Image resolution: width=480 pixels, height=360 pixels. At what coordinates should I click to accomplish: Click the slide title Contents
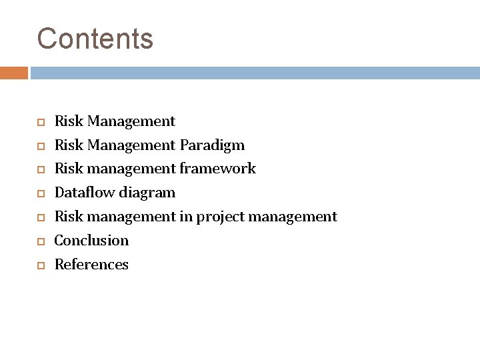[95, 39]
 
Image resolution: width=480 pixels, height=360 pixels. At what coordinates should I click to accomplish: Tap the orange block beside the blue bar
[13, 73]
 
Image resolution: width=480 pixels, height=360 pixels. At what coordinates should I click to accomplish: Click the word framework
[217, 169]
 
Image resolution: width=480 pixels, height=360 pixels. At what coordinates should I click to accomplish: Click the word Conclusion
[91, 240]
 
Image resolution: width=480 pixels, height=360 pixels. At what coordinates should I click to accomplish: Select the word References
[91, 265]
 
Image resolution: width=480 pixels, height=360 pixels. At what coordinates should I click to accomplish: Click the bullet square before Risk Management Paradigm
[40, 145]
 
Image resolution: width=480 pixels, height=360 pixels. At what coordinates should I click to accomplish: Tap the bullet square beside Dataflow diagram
[40, 193]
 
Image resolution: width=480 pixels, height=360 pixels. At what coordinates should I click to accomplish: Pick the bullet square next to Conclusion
[40, 241]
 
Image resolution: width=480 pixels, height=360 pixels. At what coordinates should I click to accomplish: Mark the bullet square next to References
[40, 265]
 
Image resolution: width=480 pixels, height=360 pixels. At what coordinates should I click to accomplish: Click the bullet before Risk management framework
[40, 169]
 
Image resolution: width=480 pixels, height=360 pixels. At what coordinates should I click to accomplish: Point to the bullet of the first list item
[40, 121]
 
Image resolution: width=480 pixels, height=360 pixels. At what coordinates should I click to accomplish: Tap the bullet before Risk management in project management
[40, 217]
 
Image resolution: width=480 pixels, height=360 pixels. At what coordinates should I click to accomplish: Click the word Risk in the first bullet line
[69, 121]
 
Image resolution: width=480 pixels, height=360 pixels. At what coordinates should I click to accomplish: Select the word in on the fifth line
[188, 217]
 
